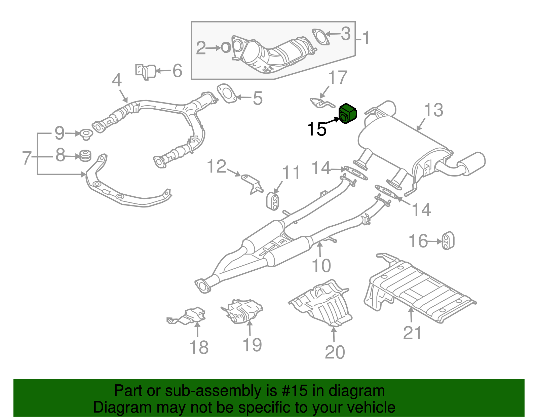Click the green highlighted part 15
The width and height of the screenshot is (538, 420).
click(348, 113)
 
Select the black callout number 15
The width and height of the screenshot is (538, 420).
click(317, 129)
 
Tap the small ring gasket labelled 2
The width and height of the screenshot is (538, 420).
click(226, 48)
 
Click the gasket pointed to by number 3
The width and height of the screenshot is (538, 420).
click(320, 37)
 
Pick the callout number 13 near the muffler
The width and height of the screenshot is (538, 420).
click(433, 110)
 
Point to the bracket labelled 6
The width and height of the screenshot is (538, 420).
click(147, 71)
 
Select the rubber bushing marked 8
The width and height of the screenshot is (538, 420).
click(85, 156)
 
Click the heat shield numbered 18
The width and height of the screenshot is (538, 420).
click(188, 316)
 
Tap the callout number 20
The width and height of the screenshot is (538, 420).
click(335, 352)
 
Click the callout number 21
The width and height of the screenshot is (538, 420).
click(412, 333)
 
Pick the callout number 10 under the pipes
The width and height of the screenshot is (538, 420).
click(321, 266)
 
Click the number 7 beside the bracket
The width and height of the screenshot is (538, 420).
click(27, 157)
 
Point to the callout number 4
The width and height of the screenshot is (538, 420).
click(116, 81)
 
